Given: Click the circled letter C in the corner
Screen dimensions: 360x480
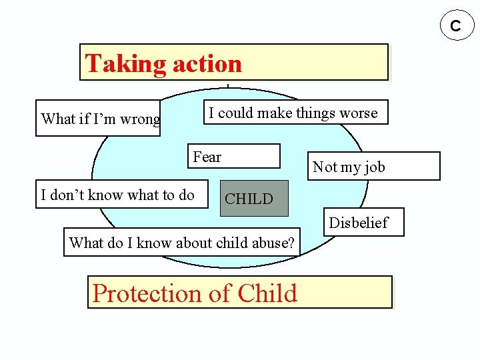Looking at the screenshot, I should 455,25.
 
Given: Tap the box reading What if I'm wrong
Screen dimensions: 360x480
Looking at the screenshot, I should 98,119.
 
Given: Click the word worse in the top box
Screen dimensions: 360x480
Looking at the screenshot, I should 358,113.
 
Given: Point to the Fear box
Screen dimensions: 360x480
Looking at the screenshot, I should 233,156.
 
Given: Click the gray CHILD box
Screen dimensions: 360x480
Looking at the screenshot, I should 254,198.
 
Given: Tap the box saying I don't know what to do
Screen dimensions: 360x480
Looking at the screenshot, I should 121,195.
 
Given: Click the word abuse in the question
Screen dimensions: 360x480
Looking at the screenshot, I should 273,243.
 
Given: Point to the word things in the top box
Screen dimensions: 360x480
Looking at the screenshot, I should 317,113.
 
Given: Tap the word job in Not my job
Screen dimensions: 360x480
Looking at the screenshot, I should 373,167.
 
